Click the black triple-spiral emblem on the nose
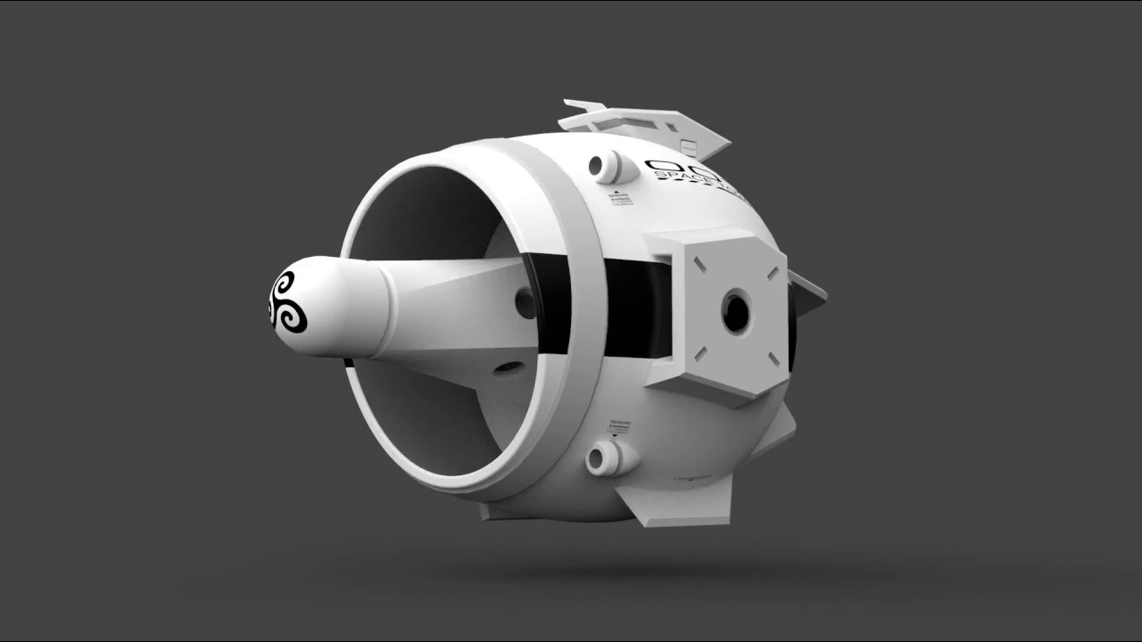point(288,302)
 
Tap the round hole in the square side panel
point(736,313)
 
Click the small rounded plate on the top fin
point(690,145)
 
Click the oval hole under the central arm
point(509,366)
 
